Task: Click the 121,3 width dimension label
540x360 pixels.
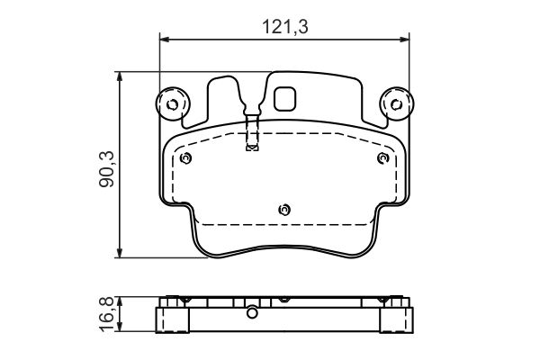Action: point(285,26)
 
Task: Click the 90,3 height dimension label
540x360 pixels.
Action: point(106,169)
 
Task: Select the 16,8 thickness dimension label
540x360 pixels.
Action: point(106,314)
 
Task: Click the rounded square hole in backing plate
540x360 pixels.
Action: point(284,98)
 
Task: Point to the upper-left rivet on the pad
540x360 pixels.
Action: point(185,158)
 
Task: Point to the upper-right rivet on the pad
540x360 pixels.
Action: point(383,158)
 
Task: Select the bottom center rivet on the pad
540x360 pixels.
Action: point(284,210)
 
